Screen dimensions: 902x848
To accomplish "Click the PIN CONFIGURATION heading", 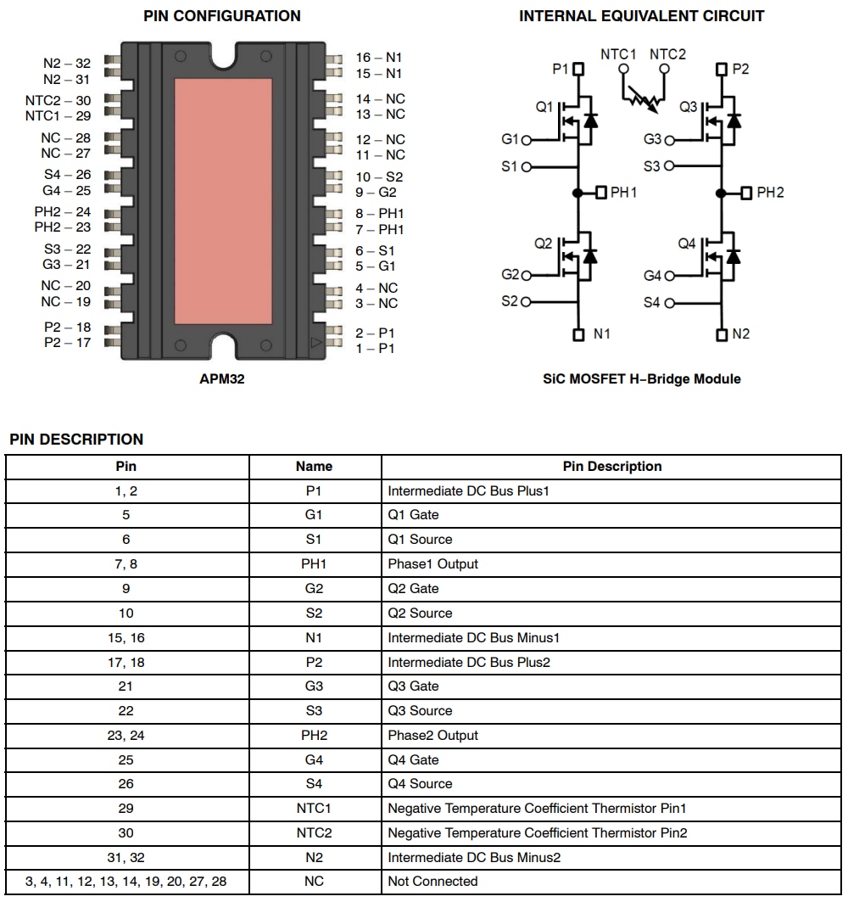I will click(221, 16).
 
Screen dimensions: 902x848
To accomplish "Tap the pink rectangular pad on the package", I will click(223, 200).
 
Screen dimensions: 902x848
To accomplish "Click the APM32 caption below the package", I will click(221, 379).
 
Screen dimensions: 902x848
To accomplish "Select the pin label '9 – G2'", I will click(376, 193).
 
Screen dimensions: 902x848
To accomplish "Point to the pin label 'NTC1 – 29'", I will click(58, 115).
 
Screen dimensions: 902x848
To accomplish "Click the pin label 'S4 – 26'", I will click(67, 175).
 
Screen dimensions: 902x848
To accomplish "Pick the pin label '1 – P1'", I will click(375, 349).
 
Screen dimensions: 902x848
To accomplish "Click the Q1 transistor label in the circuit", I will click(544, 108).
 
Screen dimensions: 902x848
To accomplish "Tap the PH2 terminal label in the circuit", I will click(770, 193).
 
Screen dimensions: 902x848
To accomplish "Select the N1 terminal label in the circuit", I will click(601, 334).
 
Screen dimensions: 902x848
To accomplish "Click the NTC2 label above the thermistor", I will click(667, 55).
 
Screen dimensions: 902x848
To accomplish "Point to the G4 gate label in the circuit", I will click(652, 276).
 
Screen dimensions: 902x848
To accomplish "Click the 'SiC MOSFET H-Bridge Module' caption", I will click(641, 379).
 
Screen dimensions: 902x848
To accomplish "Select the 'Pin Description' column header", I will click(611, 467).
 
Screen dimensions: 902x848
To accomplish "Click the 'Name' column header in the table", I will click(314, 467).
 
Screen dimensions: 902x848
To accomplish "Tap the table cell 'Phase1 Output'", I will click(432, 564).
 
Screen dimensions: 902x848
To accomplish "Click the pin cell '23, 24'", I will click(126, 736).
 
